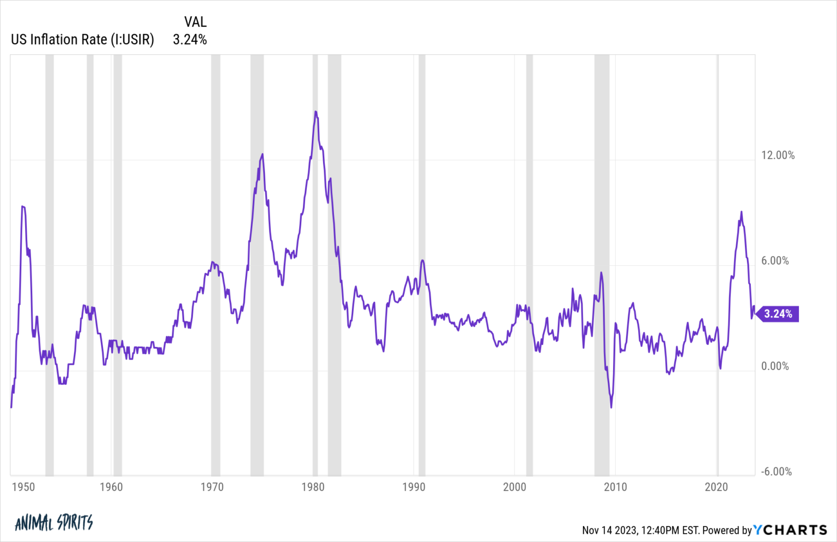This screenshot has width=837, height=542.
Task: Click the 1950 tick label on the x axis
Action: pyautogui.click(x=23, y=487)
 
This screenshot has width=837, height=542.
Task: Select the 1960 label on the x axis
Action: pyautogui.click(x=111, y=487)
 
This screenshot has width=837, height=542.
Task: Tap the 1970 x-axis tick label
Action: pyautogui.click(x=212, y=487)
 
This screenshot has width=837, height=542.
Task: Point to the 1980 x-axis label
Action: pyautogui.click(x=313, y=487)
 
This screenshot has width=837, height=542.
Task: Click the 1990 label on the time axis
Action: pyautogui.click(x=414, y=487)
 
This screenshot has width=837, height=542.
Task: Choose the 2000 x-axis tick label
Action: pyautogui.click(x=514, y=487)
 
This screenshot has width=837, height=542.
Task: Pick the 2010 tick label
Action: pyautogui.click(x=615, y=487)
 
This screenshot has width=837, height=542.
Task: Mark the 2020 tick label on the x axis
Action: pyautogui.click(x=716, y=487)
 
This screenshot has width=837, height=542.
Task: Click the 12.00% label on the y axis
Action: pyautogui.click(x=778, y=155)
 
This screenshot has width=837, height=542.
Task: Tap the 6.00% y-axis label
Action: pyautogui.click(x=775, y=261)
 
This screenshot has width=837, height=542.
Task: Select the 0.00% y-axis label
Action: pyautogui.click(x=775, y=366)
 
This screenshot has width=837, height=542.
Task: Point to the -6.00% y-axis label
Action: pyautogui.click(x=776, y=472)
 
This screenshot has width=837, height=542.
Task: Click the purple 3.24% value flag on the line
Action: pyautogui.click(x=778, y=314)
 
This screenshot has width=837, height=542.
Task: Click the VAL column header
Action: pyautogui.click(x=195, y=22)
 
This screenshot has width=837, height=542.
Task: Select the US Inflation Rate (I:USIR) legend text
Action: pyautogui.click(x=82, y=40)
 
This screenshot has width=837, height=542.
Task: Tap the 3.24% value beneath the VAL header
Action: pyautogui.click(x=190, y=40)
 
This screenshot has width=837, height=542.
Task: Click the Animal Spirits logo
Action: pyautogui.click(x=54, y=523)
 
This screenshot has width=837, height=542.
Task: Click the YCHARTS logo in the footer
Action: pyautogui.click(x=790, y=530)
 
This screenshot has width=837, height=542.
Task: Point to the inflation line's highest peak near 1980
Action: pyautogui.click(x=316, y=112)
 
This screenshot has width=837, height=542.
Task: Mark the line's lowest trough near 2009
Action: pyautogui.click(x=611, y=407)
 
